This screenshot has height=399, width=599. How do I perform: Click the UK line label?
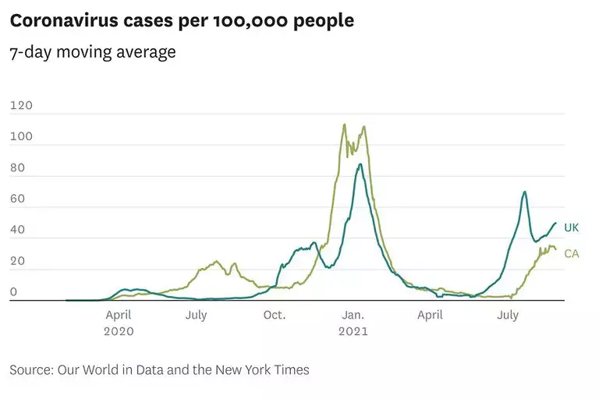(572, 228)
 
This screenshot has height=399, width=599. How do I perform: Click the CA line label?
(572, 253)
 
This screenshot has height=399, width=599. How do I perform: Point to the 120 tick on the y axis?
(21, 105)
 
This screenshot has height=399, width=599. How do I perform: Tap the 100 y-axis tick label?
(21, 137)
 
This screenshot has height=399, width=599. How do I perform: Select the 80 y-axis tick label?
(17, 168)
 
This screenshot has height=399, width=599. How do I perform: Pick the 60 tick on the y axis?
(17, 199)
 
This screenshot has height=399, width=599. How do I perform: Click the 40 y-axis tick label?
(17, 231)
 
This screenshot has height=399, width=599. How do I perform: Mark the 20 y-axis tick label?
(17, 262)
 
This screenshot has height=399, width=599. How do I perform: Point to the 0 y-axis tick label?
(13, 293)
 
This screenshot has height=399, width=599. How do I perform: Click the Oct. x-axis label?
(275, 315)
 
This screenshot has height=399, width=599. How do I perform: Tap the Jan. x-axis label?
(353, 315)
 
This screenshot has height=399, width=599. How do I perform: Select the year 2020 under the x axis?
(119, 330)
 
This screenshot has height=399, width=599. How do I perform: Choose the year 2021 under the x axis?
(353, 330)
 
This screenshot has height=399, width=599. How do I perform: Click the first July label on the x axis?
(197, 315)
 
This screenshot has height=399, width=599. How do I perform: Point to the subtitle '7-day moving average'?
(93, 53)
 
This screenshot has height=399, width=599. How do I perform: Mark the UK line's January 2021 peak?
(360, 164)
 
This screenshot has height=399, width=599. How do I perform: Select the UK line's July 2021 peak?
(525, 192)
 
